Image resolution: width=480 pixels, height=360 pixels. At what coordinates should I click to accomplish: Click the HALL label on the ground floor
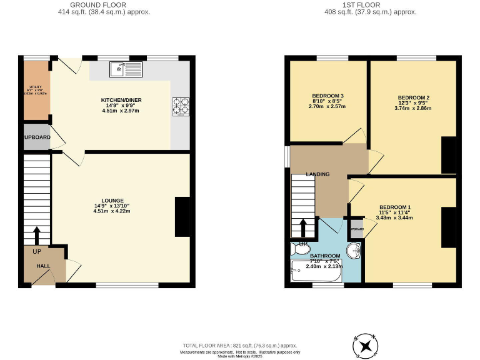[x=43, y=266]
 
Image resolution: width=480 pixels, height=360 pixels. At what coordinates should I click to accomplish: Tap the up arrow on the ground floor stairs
[x=36, y=235]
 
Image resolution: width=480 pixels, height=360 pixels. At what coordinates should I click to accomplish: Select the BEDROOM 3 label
[x=327, y=96]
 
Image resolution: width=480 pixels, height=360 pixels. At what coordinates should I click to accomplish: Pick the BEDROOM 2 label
[x=414, y=98]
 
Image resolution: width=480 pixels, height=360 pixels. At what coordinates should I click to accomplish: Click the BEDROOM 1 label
[x=395, y=207]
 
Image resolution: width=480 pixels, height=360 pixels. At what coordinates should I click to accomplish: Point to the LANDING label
[x=317, y=174]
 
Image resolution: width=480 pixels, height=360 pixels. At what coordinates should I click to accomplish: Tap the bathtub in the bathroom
[x=316, y=272]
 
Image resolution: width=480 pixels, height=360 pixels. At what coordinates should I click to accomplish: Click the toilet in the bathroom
[x=301, y=249]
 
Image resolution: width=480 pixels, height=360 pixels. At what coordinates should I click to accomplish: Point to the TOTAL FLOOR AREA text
[x=239, y=346]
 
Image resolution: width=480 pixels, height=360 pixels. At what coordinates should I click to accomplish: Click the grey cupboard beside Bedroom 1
[x=357, y=228]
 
